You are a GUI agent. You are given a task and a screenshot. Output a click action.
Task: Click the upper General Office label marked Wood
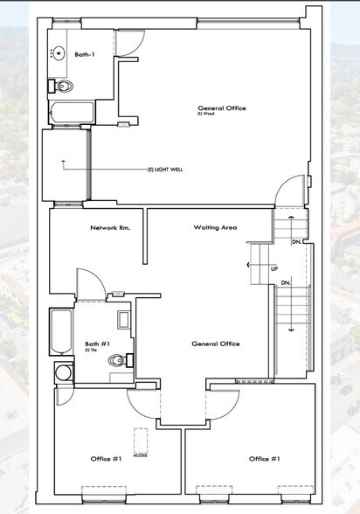221,109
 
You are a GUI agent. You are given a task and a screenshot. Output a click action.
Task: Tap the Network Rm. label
110,227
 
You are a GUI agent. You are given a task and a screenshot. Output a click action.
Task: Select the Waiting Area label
216,227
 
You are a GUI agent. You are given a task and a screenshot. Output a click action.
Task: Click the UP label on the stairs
274,269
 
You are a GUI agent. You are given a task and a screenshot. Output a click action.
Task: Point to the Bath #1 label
96,344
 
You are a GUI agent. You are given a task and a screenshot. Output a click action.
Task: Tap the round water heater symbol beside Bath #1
62,373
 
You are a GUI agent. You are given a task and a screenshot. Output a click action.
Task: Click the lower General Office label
216,344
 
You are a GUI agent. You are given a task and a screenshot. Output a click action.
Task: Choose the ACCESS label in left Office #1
140,455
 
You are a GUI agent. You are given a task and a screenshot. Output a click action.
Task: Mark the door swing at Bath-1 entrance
128,44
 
